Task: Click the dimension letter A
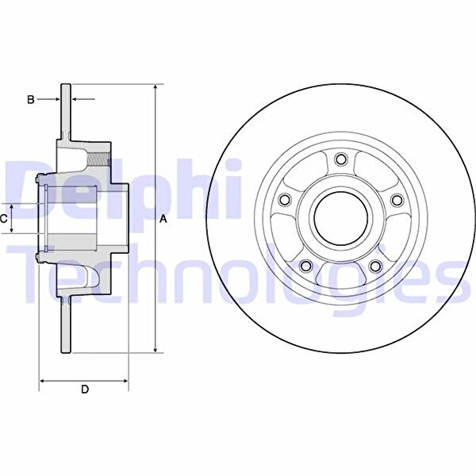(163, 219)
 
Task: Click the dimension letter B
(31, 99)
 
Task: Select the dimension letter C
(4, 219)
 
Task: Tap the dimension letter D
(85, 389)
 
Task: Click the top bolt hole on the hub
(341, 159)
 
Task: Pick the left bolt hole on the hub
(285, 200)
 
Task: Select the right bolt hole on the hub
(397, 200)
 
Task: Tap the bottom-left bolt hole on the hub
(306, 266)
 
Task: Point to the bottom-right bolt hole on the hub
(375, 266)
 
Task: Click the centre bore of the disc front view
(341, 218)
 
